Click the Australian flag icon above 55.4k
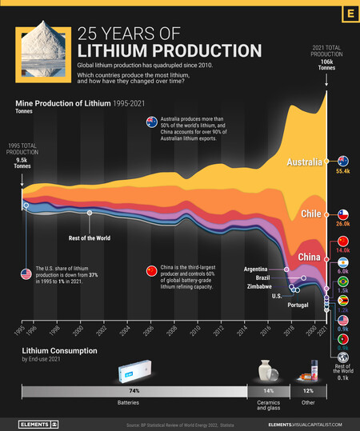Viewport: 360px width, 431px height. (x=342, y=161)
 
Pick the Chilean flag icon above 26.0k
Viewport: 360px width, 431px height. (x=342, y=214)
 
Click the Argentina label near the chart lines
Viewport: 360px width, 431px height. (x=261, y=269)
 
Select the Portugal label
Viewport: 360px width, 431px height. (x=298, y=305)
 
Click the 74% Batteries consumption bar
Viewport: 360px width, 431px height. (x=134, y=391)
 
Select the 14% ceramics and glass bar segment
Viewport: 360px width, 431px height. (x=268, y=391)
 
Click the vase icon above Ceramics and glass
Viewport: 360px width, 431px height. (x=268, y=371)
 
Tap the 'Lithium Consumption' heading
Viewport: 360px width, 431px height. (x=61, y=350)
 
